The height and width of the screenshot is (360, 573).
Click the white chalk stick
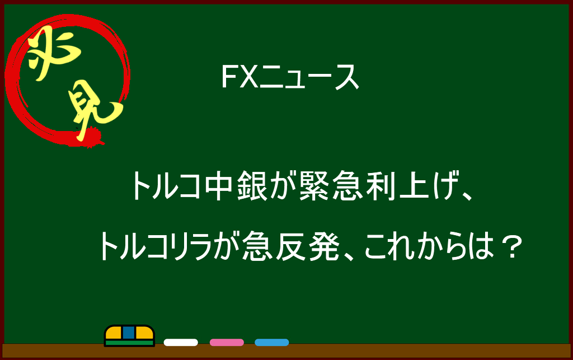click(x=181, y=343)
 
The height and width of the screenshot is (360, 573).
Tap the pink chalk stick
click(x=227, y=343)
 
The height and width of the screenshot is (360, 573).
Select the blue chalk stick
click(x=272, y=343)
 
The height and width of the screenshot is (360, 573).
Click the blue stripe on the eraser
click(x=129, y=333)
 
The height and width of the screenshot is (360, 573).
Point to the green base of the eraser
click(x=129, y=343)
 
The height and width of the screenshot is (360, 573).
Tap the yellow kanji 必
click(x=53, y=54)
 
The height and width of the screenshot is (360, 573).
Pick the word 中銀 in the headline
click(x=236, y=186)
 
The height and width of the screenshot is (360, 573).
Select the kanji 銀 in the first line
click(x=252, y=186)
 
